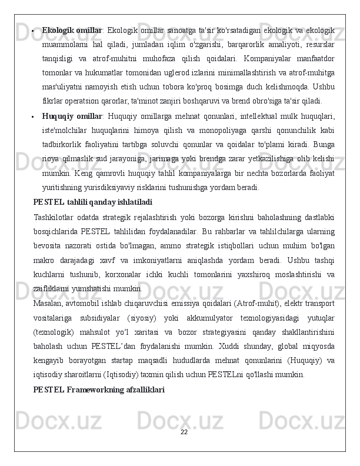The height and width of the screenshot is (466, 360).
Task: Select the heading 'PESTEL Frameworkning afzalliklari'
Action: tap(99, 390)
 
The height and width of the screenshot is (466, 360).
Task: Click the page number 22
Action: tap(184, 432)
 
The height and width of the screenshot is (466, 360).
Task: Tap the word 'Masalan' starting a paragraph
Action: tap(48, 303)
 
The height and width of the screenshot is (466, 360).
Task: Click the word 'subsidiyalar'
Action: tap(105, 317)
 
